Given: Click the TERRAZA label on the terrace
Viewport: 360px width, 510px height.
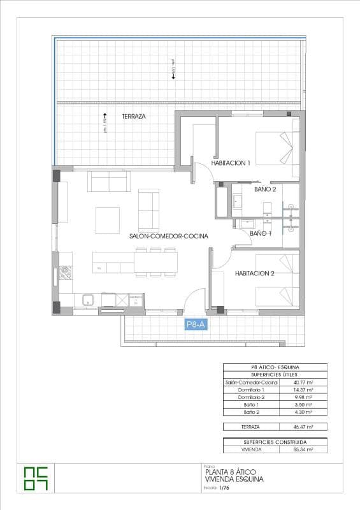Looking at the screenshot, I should (134, 117).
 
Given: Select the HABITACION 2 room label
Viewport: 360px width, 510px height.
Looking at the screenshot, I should (254, 273).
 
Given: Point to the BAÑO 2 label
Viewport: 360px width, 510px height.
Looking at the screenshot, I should (265, 189).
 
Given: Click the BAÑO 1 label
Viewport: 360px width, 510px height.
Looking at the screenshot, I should (261, 234).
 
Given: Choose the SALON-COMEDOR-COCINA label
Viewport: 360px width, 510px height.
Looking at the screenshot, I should (169, 236).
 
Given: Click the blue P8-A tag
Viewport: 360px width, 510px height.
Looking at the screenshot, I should (196, 324).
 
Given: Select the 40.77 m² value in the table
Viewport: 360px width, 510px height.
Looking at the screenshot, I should (304, 382).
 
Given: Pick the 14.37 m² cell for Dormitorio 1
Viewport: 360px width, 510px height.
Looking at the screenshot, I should (304, 390).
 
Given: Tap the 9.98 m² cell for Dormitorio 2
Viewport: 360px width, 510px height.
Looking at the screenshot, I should (304, 397).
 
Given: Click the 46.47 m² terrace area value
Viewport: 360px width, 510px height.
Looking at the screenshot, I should (304, 426).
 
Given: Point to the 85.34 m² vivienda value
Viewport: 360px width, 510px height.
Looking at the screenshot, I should (304, 449).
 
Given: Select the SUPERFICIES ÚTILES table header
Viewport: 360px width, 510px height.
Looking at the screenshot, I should (275, 375).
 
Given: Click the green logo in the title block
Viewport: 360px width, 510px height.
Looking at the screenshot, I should (35, 478).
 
